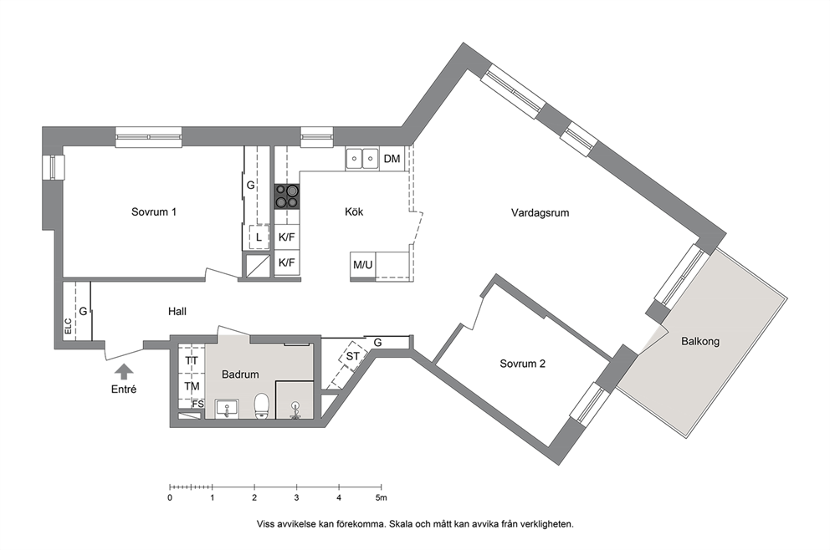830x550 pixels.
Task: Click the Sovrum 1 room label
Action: tap(153, 212)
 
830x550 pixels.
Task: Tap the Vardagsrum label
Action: tap(540, 213)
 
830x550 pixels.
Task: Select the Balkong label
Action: tap(700, 342)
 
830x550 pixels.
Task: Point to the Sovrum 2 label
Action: tap(522, 364)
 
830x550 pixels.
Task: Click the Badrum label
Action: tap(240, 374)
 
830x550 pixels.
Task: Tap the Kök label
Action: tap(354, 212)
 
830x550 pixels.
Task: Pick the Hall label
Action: tap(177, 312)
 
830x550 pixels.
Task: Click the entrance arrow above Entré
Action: tap(124, 371)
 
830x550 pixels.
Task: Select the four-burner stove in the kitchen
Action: tap(287, 196)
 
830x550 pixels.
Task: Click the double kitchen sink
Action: tap(362, 159)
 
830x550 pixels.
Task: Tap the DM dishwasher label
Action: tap(392, 159)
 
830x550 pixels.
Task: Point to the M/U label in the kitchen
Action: tap(362, 265)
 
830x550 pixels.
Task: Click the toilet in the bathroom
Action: tap(263, 406)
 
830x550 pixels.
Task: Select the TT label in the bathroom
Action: tap(192, 360)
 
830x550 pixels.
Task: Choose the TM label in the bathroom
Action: tap(192, 386)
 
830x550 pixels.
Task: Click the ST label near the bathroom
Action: tap(352, 356)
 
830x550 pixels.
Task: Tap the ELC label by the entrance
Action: tap(68, 326)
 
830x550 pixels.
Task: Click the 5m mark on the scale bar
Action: tap(382, 497)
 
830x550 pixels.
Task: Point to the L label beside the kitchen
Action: tap(259, 238)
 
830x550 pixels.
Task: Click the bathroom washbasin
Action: tap(227, 409)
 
